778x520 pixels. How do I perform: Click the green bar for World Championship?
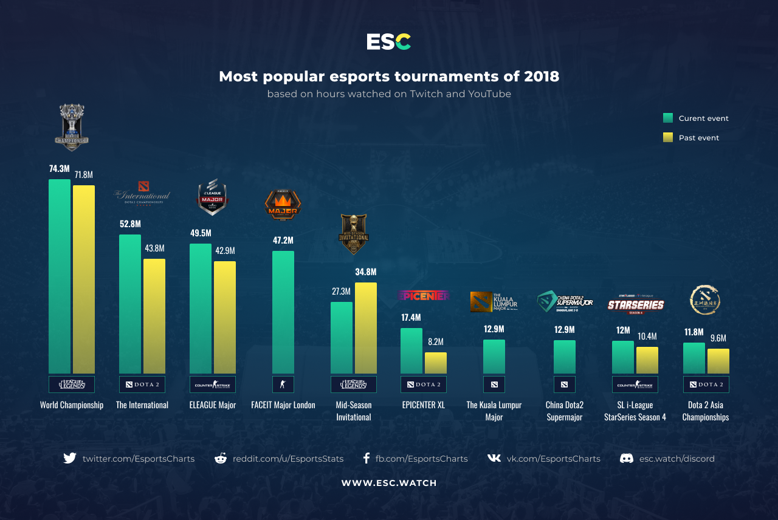point(60,276)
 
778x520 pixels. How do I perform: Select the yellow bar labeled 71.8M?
point(84,279)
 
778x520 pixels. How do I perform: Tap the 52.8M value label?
point(130,224)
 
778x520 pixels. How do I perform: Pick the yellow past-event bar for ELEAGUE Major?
point(225,317)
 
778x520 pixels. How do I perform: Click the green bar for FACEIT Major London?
point(283,312)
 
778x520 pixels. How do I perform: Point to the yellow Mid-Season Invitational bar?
point(366,328)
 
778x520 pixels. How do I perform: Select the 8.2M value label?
point(436,342)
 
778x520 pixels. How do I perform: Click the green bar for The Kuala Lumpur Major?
point(494,357)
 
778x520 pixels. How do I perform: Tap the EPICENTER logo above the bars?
point(424,296)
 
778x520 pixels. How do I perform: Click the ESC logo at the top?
point(389,42)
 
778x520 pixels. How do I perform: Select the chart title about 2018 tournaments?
point(389,77)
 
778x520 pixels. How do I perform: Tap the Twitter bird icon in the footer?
point(70,459)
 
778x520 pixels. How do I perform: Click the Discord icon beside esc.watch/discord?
point(627,459)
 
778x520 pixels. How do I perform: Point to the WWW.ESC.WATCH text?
point(389,484)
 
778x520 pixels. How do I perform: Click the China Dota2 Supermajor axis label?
point(564,411)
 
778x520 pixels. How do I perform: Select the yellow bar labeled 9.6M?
point(718,361)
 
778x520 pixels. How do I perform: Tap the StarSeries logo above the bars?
point(636,305)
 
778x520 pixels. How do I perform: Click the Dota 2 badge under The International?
point(142,385)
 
